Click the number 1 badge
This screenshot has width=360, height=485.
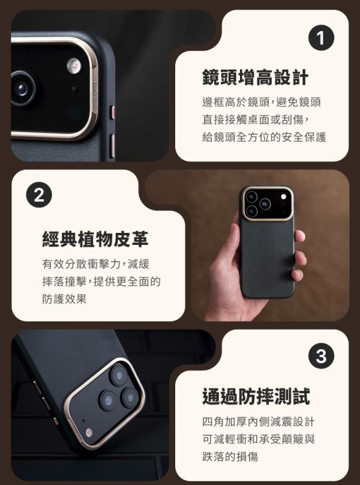tap(321, 38)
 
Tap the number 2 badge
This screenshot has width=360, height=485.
tap(39, 195)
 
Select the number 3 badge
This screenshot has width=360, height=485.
tap(321, 356)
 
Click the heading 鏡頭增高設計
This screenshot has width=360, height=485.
tap(256, 77)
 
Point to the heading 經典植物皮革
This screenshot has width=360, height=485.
tap(95, 239)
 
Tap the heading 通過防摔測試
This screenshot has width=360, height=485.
tap(256, 397)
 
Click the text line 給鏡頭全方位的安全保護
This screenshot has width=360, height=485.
tap(264, 137)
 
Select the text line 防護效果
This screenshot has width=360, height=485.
tap(64, 299)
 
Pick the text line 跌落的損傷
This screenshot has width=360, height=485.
tap(230, 456)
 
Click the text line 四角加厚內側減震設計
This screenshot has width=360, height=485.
tap(259, 421)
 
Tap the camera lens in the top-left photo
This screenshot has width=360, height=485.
tap(22, 89)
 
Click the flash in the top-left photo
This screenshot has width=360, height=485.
tap(74, 65)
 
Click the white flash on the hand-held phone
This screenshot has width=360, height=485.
tap(284, 197)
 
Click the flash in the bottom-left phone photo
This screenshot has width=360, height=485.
tap(89, 432)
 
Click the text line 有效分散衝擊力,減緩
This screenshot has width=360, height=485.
tap(96, 264)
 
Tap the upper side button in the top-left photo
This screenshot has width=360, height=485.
tap(113, 112)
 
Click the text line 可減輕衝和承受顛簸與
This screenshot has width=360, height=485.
tap(259, 439)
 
